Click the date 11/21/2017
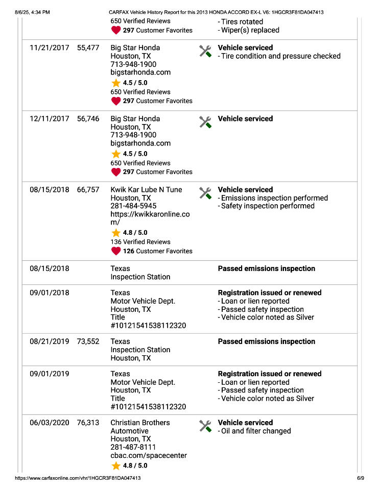click(49, 48)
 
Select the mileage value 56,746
click(88, 119)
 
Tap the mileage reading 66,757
click(88, 190)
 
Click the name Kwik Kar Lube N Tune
click(146, 190)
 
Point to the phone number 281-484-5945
click(133, 206)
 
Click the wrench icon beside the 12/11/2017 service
click(205, 122)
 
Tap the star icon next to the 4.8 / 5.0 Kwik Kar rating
click(116, 233)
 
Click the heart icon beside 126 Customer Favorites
click(116, 251)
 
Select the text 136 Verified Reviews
click(140, 242)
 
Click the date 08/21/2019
click(49, 342)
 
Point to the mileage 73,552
click(88, 342)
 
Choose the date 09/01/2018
click(49, 293)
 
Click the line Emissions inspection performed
click(274, 198)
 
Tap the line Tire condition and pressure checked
click(280, 56)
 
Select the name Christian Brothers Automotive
click(140, 427)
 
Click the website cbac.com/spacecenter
click(149, 455)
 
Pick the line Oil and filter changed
click(255, 431)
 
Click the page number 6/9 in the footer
click(360, 478)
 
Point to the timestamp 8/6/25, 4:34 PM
click(33, 12)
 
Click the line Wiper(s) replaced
click(249, 30)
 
